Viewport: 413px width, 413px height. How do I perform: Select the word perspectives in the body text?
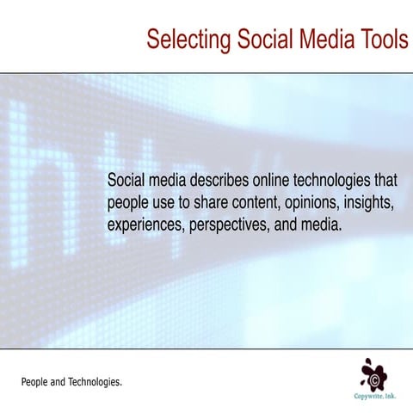[x=228, y=226]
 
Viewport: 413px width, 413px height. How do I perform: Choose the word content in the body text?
[x=232, y=204]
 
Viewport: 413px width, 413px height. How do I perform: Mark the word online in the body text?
[x=268, y=182]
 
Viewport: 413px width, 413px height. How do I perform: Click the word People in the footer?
[x=35, y=380]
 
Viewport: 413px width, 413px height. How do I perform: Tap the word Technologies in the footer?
[x=96, y=380]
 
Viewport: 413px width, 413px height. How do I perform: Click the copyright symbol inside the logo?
[x=376, y=378]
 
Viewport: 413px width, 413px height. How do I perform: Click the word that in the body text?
[x=384, y=182]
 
